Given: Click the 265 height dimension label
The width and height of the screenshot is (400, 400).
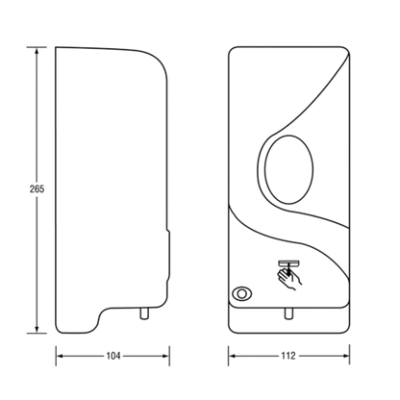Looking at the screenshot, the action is (37, 189).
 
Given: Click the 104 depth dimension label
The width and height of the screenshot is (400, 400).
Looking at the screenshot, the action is (113, 356).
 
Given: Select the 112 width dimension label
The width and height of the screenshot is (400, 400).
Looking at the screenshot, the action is (288, 356).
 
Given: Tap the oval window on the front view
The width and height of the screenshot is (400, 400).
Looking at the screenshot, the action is (288, 169).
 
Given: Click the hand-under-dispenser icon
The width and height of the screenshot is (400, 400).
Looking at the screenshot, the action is (289, 275).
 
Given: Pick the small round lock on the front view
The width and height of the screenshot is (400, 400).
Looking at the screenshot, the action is (242, 293).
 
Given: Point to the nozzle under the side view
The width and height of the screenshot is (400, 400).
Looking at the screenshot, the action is (144, 313).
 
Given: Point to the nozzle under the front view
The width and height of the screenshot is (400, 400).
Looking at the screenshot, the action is (288, 313).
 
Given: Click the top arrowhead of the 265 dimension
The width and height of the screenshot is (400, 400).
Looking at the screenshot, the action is (37, 51).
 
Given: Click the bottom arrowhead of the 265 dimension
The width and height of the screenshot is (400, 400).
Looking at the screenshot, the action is (37, 329).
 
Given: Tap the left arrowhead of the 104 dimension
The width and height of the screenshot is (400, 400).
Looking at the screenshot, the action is (61, 356).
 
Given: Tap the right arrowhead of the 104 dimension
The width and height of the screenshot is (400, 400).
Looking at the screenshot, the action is (165, 356).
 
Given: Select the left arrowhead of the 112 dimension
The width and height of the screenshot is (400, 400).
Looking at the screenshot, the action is (233, 356).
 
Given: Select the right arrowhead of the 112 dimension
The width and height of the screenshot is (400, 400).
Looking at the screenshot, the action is (345, 356).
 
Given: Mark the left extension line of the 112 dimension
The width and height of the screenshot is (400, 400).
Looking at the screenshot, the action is (229, 356).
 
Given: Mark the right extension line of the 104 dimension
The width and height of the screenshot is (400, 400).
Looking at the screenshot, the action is (169, 356).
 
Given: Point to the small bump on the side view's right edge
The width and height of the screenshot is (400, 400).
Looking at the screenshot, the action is (168, 255).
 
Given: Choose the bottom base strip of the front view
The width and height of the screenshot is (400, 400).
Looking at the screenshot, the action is (288, 320).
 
